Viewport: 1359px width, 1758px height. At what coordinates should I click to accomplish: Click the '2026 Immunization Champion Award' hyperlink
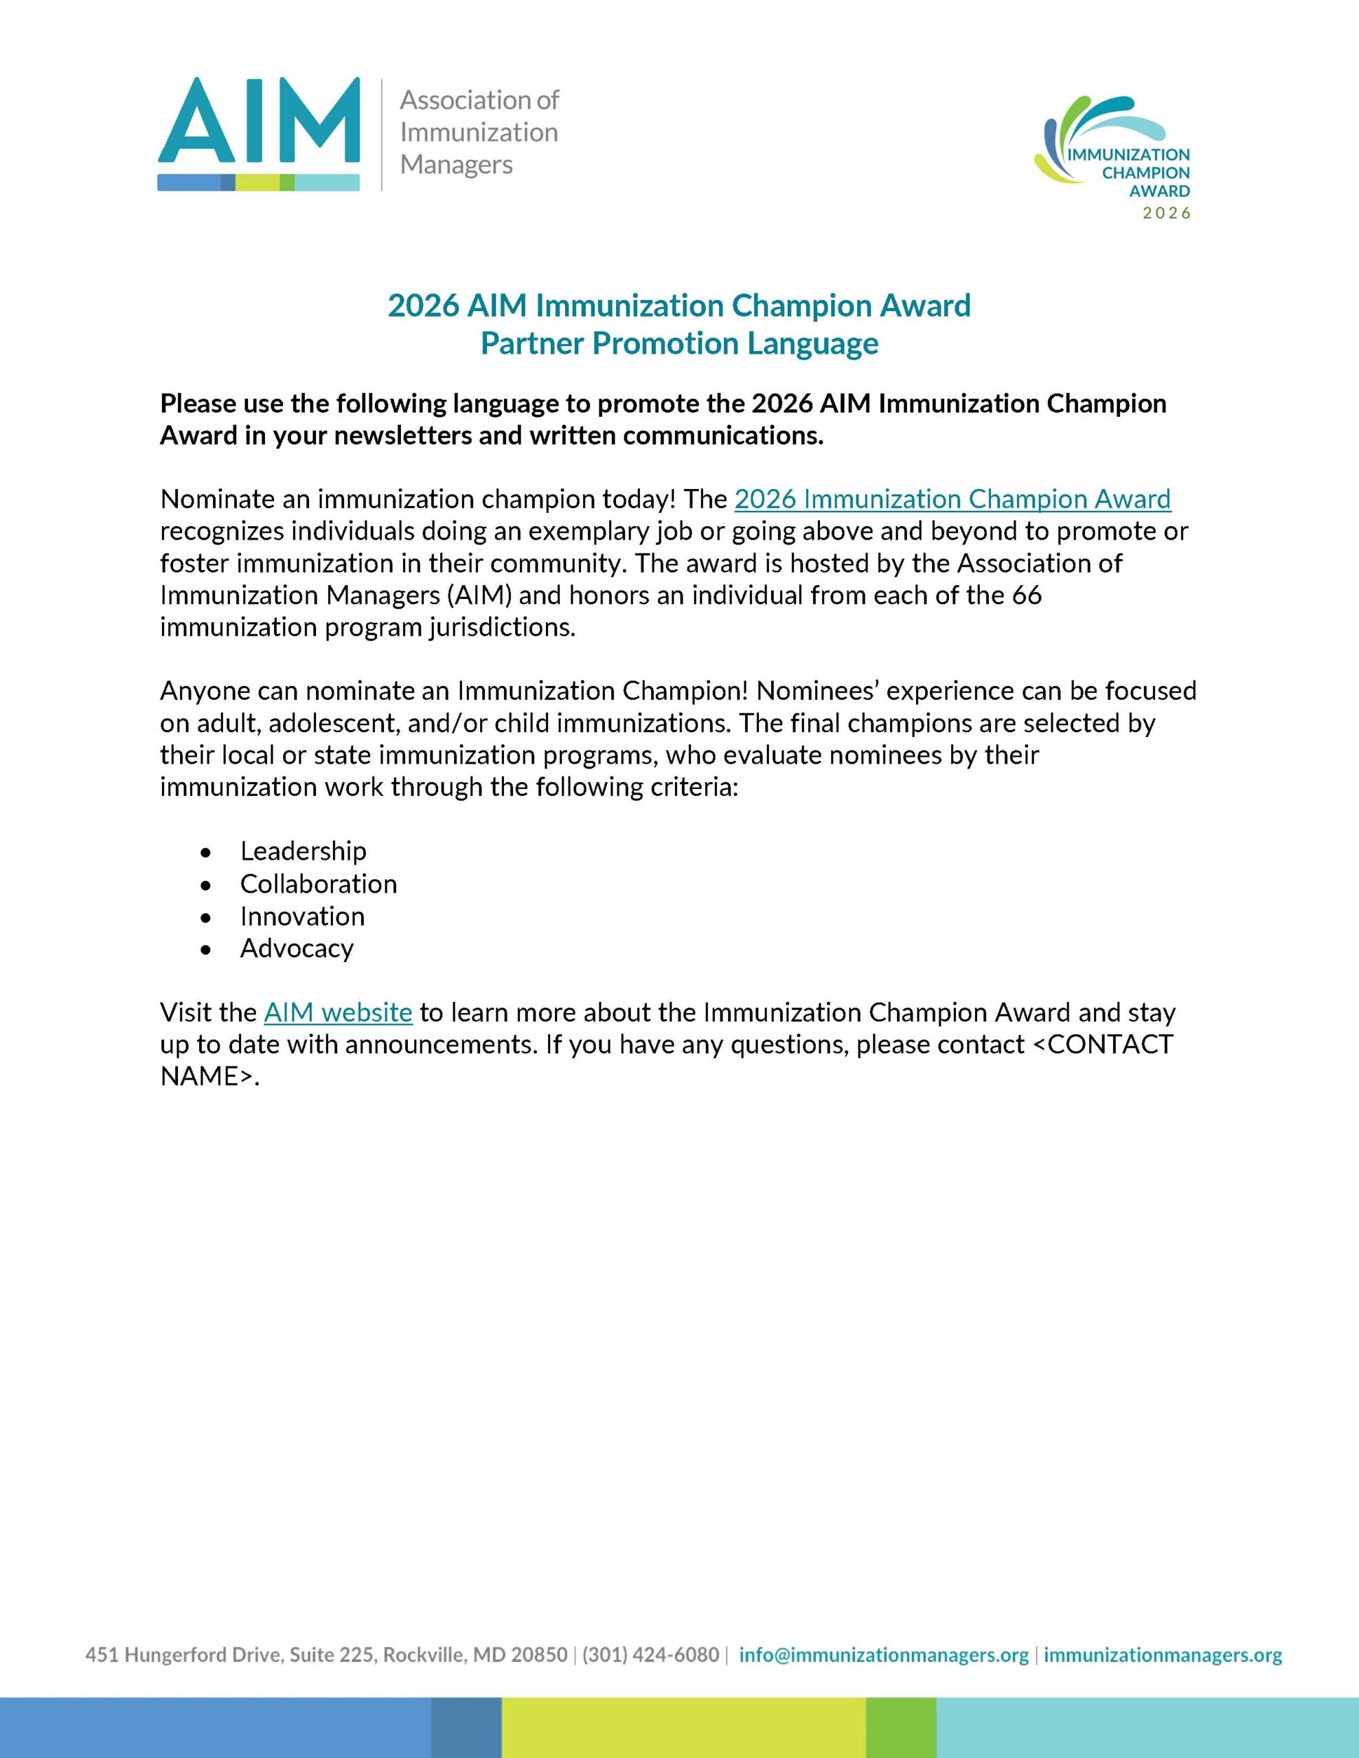pyautogui.click(x=952, y=499)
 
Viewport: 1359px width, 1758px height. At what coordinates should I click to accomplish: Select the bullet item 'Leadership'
pyautogui.click(x=303, y=851)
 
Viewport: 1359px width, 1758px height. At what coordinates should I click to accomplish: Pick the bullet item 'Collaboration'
pyautogui.click(x=318, y=884)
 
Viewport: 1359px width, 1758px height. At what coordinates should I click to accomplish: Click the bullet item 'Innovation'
pyautogui.click(x=302, y=916)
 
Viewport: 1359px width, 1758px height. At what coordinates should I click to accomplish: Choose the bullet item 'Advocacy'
pyautogui.click(x=296, y=948)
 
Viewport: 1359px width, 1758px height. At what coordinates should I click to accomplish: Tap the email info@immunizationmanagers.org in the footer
pyautogui.click(x=883, y=1655)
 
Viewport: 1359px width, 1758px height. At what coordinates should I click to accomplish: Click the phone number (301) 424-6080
pyautogui.click(x=650, y=1655)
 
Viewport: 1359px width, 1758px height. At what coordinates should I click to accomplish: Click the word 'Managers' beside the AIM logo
pyautogui.click(x=456, y=165)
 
